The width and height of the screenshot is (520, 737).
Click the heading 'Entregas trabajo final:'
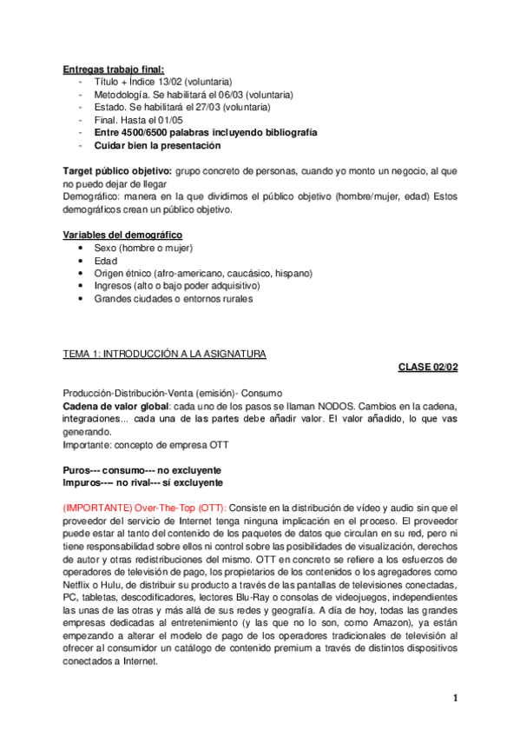(114, 70)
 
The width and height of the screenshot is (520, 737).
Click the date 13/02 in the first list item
(170, 82)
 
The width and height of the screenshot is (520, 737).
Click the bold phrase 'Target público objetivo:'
(116, 171)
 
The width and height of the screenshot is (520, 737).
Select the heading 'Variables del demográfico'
(122, 235)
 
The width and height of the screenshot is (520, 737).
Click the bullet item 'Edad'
(105, 261)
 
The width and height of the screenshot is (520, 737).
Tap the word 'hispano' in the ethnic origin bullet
(293, 273)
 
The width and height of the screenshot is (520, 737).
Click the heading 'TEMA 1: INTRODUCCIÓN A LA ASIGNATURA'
(165, 354)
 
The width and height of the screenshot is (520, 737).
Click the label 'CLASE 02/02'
(428, 367)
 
